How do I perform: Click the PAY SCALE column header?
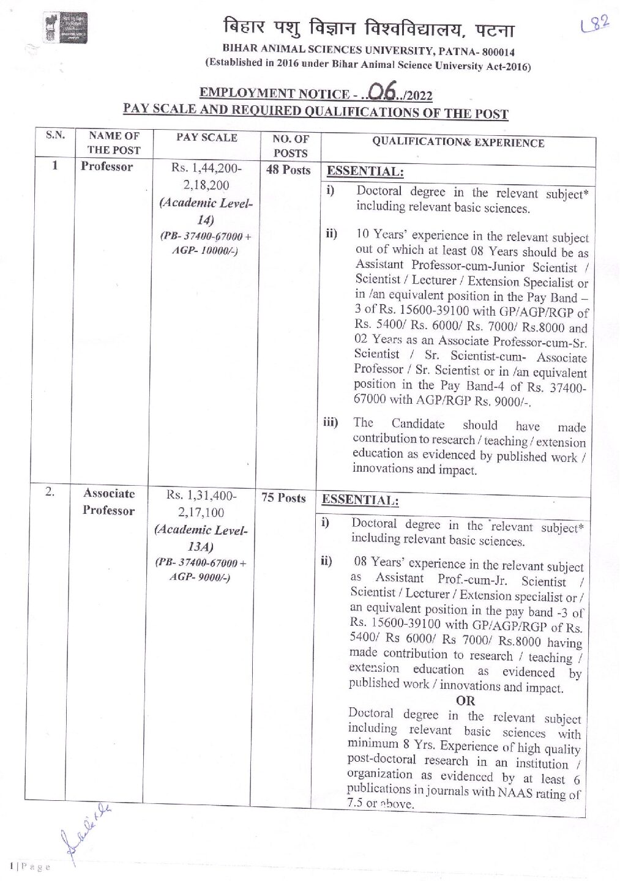[207, 138]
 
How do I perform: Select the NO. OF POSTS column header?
[291, 146]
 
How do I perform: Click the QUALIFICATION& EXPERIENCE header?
[458, 143]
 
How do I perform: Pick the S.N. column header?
[55, 135]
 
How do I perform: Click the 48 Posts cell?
[288, 170]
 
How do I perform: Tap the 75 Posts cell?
[283, 497]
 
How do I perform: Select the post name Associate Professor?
[109, 502]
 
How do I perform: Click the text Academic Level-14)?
[206, 211]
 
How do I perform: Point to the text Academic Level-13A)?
[201, 538]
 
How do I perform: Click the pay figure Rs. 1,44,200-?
[206, 168]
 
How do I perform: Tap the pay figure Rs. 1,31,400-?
[201, 495]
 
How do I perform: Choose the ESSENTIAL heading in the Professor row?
[365, 171]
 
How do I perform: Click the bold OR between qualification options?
[465, 701]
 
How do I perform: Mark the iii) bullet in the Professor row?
[331, 422]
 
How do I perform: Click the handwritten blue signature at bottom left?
[86, 832]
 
